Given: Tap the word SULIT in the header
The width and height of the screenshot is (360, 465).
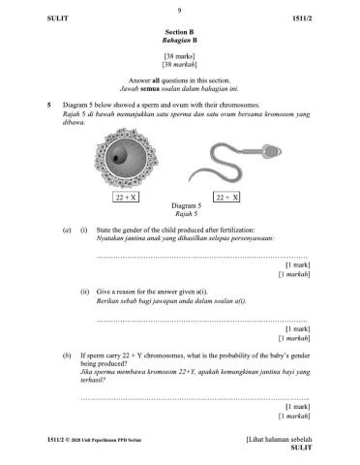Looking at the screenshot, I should pos(30,19).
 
